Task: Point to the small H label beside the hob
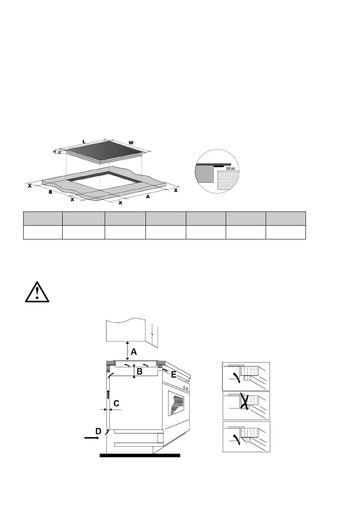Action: (55, 151)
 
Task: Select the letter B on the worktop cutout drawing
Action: (50, 192)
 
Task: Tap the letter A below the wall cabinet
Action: (134, 351)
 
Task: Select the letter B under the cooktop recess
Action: (139, 372)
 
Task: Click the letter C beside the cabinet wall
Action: (116, 403)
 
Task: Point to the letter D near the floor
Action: (98, 430)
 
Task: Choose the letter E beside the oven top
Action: (173, 375)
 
